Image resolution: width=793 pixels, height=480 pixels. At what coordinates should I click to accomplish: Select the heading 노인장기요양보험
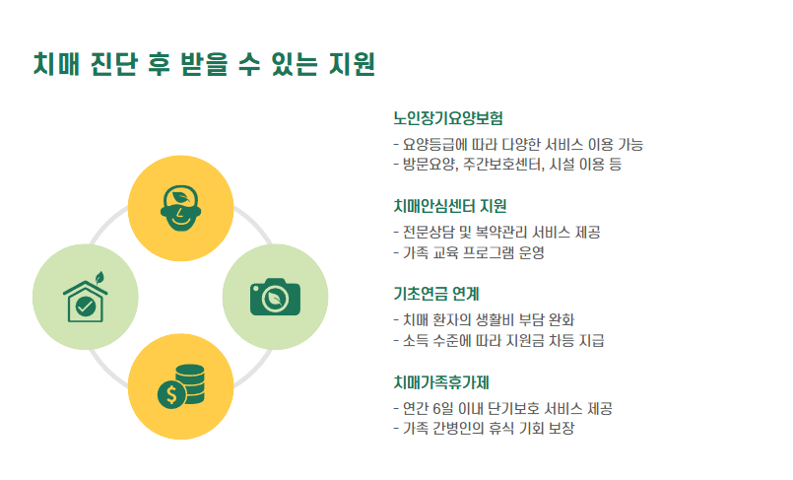tap(448, 119)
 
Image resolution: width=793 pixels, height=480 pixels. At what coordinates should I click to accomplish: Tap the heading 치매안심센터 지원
tap(450, 206)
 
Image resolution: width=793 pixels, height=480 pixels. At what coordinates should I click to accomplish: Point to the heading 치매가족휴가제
tap(441, 381)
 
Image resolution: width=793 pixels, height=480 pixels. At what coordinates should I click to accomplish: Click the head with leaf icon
tap(181, 207)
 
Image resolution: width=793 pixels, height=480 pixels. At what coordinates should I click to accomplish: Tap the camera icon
tap(275, 297)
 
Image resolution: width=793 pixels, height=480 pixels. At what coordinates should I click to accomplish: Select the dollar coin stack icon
tap(181, 386)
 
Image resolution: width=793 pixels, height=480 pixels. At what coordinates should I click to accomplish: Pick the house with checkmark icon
tap(86, 297)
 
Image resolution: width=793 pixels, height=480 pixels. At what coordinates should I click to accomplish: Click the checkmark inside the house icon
tap(86, 306)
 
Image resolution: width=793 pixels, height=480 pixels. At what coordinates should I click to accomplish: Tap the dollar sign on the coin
tap(170, 395)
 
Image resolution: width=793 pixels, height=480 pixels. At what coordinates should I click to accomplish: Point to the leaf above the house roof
tap(98, 275)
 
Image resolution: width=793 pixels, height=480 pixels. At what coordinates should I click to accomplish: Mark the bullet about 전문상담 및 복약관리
tap(496, 233)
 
